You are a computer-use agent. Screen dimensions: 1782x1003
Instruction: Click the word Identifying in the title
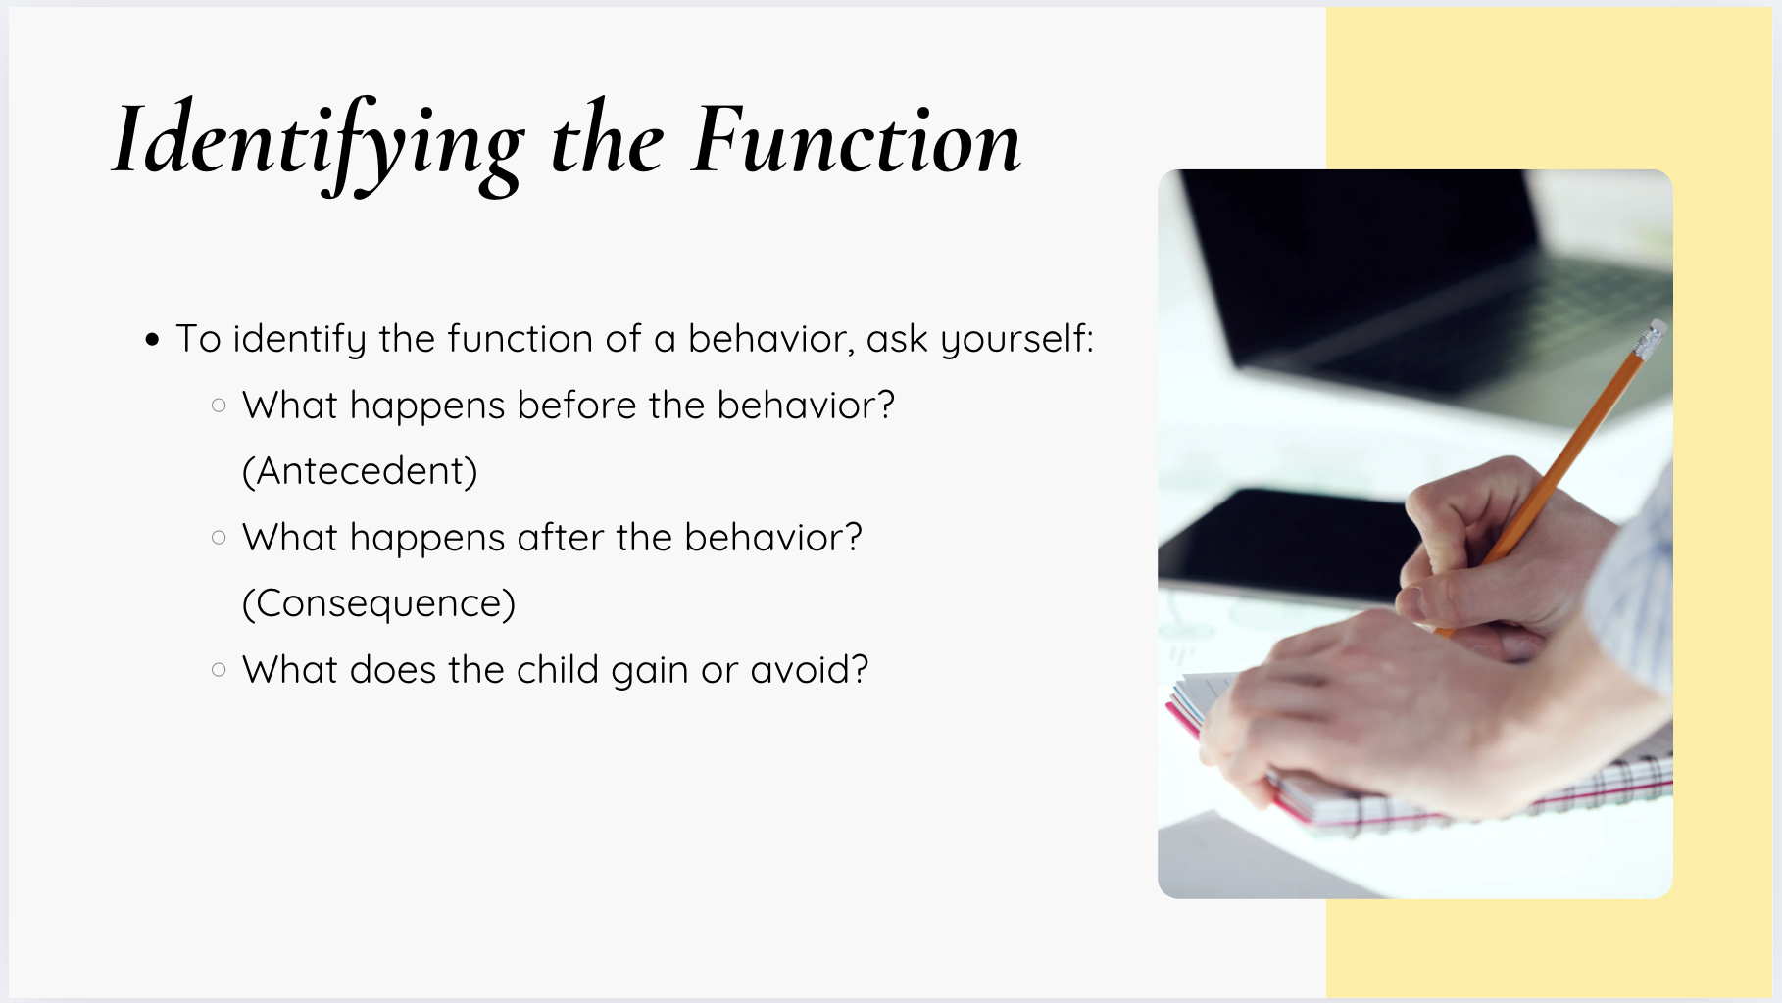point(319,145)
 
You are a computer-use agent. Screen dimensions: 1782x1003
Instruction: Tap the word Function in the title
point(857,141)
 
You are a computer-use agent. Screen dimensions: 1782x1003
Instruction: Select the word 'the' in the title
point(608,139)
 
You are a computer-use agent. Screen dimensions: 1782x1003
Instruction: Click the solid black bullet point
point(152,340)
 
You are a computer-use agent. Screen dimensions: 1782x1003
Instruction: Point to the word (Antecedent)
point(360,471)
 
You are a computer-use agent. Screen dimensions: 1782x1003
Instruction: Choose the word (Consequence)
point(378,603)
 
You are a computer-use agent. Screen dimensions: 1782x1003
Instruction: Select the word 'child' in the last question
point(558,670)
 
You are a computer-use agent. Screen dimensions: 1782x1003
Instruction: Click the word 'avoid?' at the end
point(810,670)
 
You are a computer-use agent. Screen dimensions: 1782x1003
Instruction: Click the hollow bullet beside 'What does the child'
point(219,670)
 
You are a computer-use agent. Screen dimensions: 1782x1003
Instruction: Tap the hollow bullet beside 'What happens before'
point(219,405)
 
